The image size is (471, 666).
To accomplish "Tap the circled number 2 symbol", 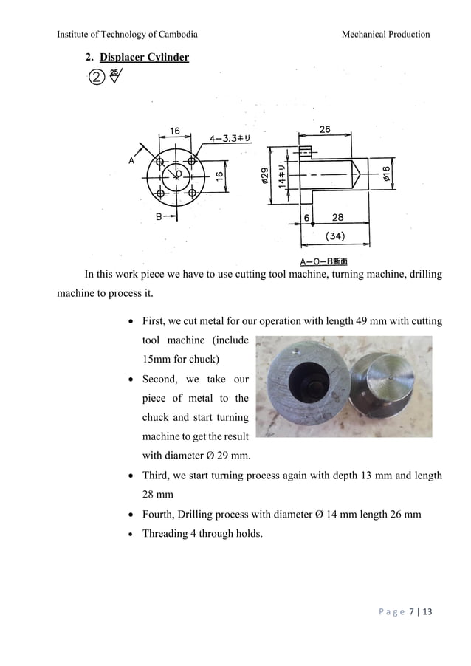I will [x=96, y=77].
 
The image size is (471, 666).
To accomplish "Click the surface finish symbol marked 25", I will [x=115, y=75].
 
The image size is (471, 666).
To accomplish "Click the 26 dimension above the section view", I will [x=325, y=130].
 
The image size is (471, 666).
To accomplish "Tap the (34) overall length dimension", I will [x=335, y=237].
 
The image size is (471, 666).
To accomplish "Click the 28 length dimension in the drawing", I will [x=337, y=218].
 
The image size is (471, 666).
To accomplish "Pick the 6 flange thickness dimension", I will [x=306, y=218].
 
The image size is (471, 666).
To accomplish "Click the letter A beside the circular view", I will [x=131, y=160].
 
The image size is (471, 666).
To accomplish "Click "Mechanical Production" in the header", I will [x=385, y=35].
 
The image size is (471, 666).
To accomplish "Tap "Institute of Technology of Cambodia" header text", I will [x=127, y=35].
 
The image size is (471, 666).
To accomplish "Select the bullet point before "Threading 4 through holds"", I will [x=131, y=534].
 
